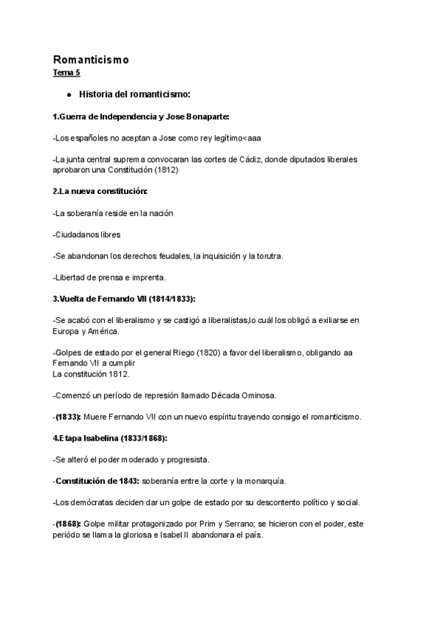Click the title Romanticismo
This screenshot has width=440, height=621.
[x=90, y=59]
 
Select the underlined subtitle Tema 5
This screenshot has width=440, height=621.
[x=66, y=72]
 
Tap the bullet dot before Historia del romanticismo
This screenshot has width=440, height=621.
[x=68, y=94]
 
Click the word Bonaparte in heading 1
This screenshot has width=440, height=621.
[x=207, y=116]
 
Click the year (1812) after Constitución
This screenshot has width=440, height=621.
[x=165, y=170]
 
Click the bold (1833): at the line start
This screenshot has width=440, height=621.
[x=68, y=417]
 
